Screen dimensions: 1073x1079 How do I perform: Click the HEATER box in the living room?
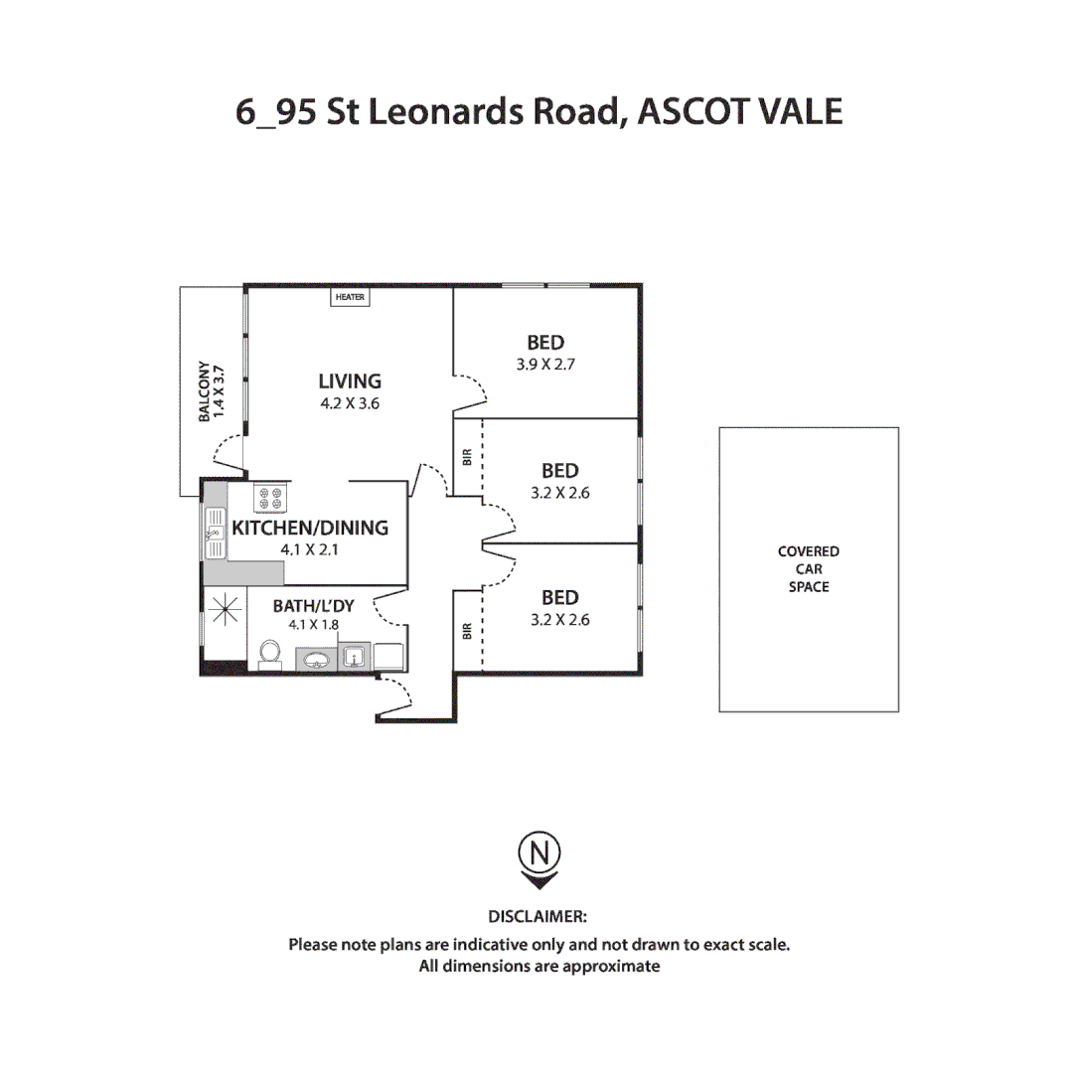pos(350,297)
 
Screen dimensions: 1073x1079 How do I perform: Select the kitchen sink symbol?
pos(215,533)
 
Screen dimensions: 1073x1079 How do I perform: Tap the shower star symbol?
pos(226,607)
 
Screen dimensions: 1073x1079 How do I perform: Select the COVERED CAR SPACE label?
pos(808,569)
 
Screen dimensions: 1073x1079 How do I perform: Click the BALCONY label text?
pos(204,391)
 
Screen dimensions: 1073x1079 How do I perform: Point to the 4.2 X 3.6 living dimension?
pos(350,403)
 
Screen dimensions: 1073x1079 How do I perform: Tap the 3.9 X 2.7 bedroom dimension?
pos(545,365)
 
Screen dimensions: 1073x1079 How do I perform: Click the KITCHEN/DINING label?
pos(310,528)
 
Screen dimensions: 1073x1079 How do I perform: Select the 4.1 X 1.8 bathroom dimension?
pos(314,625)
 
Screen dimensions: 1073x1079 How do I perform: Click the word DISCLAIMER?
pos(538,915)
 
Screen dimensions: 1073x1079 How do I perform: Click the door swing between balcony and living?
pos(228,453)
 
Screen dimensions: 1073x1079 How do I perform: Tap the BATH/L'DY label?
pos(313,604)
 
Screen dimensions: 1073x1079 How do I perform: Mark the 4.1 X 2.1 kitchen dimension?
pos(310,548)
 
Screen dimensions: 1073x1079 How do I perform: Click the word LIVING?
pos(350,381)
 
